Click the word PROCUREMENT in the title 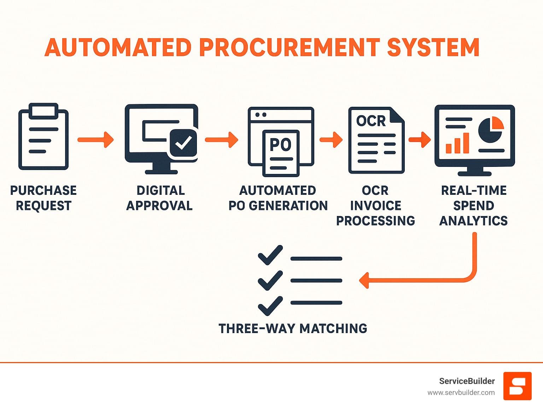[290, 47]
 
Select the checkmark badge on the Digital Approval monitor [183, 143]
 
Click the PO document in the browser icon [281, 153]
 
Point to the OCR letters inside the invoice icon [370, 121]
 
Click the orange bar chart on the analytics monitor [457, 144]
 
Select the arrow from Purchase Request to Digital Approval [95, 139]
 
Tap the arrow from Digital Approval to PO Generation [221, 139]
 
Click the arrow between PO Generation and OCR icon [331, 139]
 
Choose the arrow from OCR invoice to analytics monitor [420, 139]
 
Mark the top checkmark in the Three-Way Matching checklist [270, 255]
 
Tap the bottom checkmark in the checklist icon [270, 306]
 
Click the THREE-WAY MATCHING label [293, 328]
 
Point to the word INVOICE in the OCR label [375, 205]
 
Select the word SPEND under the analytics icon [473, 205]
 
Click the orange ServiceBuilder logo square [517, 386]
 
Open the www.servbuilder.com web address [461, 392]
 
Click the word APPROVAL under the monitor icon [159, 205]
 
